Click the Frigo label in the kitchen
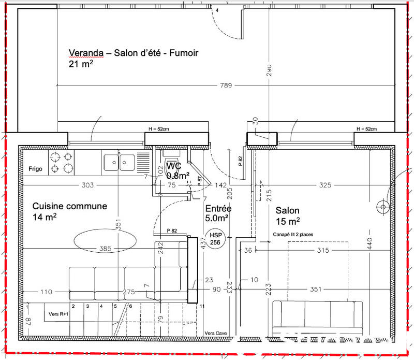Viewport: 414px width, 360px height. pos(36,169)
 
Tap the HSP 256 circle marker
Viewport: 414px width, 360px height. pos(215,238)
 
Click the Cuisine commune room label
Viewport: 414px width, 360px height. pos(70,206)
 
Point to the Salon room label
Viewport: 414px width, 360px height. pos(287,210)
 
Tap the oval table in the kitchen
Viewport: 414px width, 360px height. pos(105,241)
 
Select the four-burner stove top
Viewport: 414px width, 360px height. pos(62,162)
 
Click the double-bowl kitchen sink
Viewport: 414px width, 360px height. pos(119,163)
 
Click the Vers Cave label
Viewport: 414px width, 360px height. pos(216,333)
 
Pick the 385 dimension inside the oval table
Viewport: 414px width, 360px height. pos(105,249)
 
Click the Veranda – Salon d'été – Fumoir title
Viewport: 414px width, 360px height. pos(134,53)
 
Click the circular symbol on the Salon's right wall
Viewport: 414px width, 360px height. pos(383,207)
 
